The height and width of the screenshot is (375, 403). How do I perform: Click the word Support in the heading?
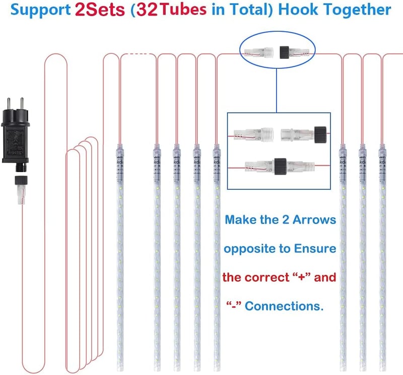point(41,10)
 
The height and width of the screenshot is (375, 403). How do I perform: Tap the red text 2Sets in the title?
point(100,10)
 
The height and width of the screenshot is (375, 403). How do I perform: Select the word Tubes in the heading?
point(183,10)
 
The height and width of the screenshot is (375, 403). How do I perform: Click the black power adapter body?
point(16,137)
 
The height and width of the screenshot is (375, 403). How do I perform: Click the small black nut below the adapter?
point(21,180)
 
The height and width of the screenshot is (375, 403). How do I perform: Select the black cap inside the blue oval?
point(285,52)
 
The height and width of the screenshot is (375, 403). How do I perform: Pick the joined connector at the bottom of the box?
point(280,167)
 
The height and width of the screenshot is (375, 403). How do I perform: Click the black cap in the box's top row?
point(320,134)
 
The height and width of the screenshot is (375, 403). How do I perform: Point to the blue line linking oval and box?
point(277,91)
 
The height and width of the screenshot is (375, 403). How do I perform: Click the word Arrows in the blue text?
point(314,220)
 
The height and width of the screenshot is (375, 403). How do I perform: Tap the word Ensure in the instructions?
point(315,248)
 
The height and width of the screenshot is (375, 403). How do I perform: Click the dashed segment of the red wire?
point(138,54)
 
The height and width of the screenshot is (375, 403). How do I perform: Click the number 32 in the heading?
point(147,10)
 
